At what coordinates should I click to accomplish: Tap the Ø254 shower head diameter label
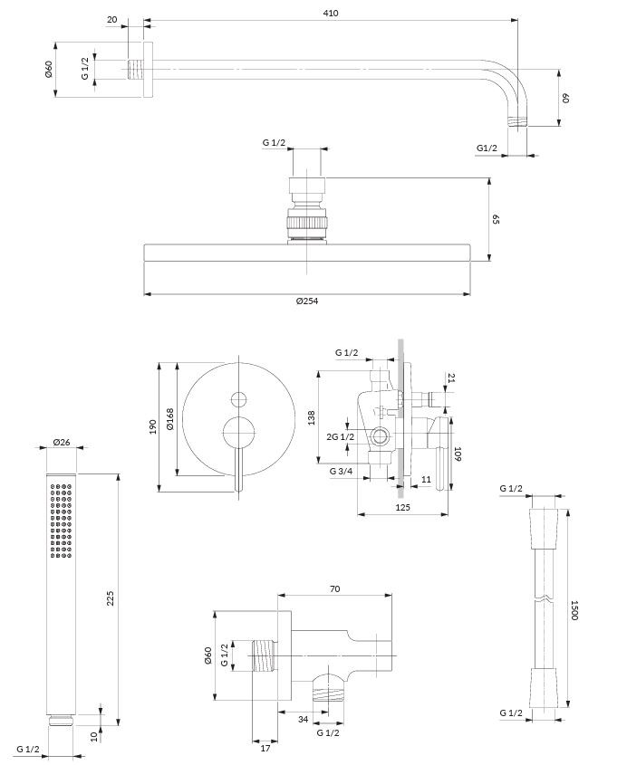pos(307,301)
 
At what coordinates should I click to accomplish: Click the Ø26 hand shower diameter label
pos(62,442)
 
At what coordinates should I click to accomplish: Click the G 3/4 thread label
pos(341,471)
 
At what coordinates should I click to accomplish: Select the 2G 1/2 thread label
pos(341,437)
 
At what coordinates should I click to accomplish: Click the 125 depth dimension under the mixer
pos(403,508)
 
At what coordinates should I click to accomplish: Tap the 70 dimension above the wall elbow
pos(334,589)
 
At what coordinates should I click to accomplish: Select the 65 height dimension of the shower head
pos(497,220)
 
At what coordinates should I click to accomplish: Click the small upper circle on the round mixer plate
pos(239,398)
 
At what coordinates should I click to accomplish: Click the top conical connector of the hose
pos(541,521)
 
